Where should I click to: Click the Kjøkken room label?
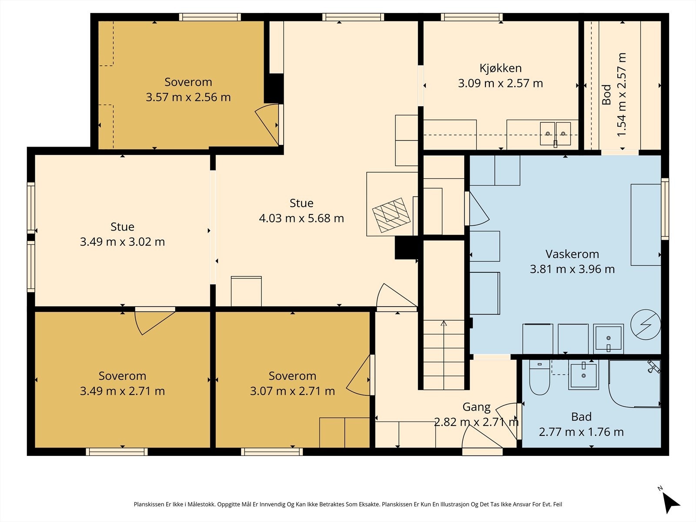click(500, 68)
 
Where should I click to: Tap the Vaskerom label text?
click(572, 254)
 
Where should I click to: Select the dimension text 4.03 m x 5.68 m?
click(301, 218)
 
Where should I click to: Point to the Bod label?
click(606, 95)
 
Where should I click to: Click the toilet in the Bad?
click(539, 378)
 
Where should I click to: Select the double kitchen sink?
click(555, 134)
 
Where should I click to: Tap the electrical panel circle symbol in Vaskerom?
click(646, 325)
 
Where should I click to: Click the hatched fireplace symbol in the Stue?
click(391, 215)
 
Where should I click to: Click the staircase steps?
click(444, 355)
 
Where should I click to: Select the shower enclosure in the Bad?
click(634, 384)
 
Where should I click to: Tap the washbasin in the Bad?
click(583, 375)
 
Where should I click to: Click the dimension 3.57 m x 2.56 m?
click(188, 97)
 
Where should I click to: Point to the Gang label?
click(476, 407)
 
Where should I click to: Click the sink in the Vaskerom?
click(608, 339)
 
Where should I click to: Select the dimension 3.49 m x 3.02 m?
click(122, 242)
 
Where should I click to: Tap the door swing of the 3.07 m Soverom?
click(358, 375)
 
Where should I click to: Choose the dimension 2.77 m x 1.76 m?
click(581, 432)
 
